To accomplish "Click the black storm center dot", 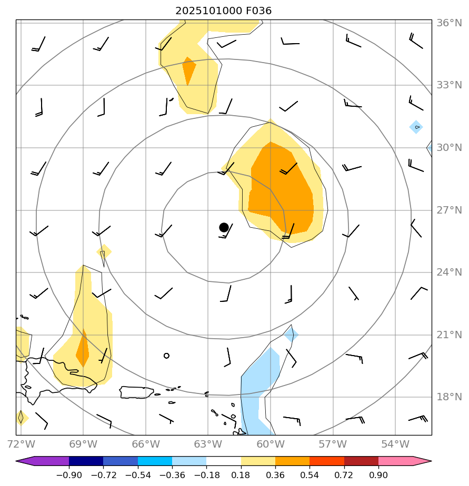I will [224, 227].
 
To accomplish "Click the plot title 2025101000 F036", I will [224, 11].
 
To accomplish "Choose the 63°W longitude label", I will [207, 444].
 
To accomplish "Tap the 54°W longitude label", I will [395, 444].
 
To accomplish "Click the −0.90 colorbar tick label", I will [68, 475].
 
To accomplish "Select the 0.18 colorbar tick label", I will [241, 475].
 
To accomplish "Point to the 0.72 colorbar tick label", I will [344, 475].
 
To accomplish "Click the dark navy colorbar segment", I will [86, 461].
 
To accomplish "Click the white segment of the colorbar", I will [224, 461].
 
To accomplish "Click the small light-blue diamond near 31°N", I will [416, 127].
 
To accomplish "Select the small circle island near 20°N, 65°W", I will [166, 356].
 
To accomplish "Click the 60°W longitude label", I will [270, 444].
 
